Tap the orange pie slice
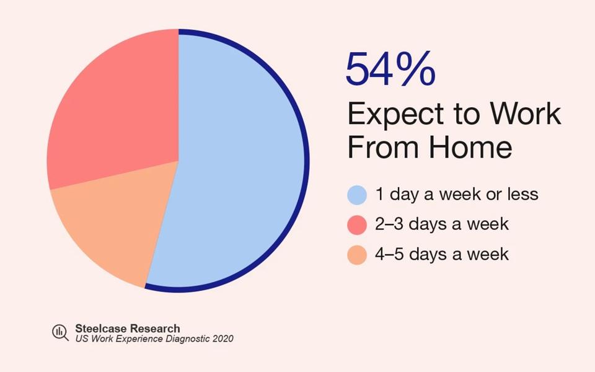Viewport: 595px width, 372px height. [112, 229]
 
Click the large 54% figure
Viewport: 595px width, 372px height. [390, 69]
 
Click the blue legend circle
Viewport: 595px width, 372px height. [357, 195]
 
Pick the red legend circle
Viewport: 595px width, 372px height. [357, 224]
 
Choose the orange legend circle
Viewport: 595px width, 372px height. [357, 254]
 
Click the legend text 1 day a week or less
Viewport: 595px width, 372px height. [457, 195]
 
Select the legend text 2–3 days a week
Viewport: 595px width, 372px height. [442, 224]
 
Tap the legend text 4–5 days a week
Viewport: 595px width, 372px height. [442, 254]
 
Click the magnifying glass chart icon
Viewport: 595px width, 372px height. [60, 333]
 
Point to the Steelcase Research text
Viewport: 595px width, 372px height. [128, 328]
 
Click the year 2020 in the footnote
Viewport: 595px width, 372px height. [223, 339]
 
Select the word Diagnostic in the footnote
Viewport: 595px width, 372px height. [187, 339]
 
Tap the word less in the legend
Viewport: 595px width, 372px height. [523, 195]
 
